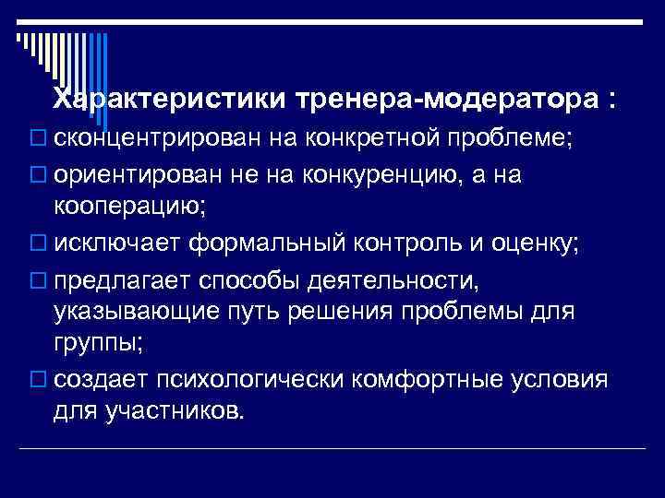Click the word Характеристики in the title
[171, 99]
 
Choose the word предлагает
[130, 279]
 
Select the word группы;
[99, 344]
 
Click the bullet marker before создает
[37, 381]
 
